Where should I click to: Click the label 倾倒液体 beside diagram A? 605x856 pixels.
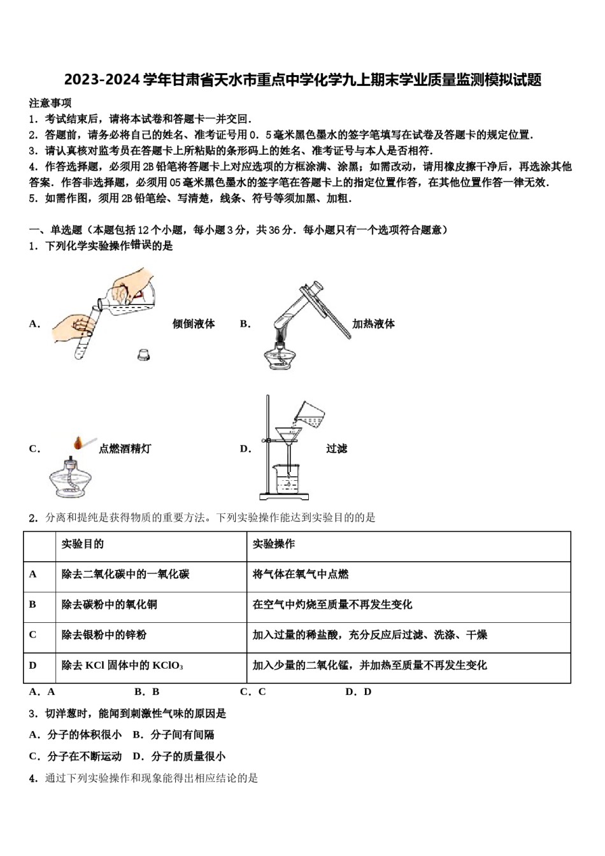click(194, 324)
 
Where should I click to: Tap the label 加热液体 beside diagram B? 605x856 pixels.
click(373, 324)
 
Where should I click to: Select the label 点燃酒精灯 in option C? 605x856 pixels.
click(125, 448)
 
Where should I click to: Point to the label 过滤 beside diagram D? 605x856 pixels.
click(336, 448)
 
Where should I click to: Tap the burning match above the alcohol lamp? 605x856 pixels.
click(80, 442)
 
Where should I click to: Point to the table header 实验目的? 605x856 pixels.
click(83, 544)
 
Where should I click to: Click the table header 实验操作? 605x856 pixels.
click(274, 544)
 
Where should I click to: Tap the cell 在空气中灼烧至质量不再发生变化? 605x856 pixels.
click(332, 604)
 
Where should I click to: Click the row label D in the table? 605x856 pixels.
click(33, 665)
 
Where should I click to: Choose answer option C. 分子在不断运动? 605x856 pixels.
click(75, 756)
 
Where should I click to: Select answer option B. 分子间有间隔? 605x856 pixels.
click(173, 734)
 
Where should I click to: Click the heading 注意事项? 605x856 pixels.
click(50, 103)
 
